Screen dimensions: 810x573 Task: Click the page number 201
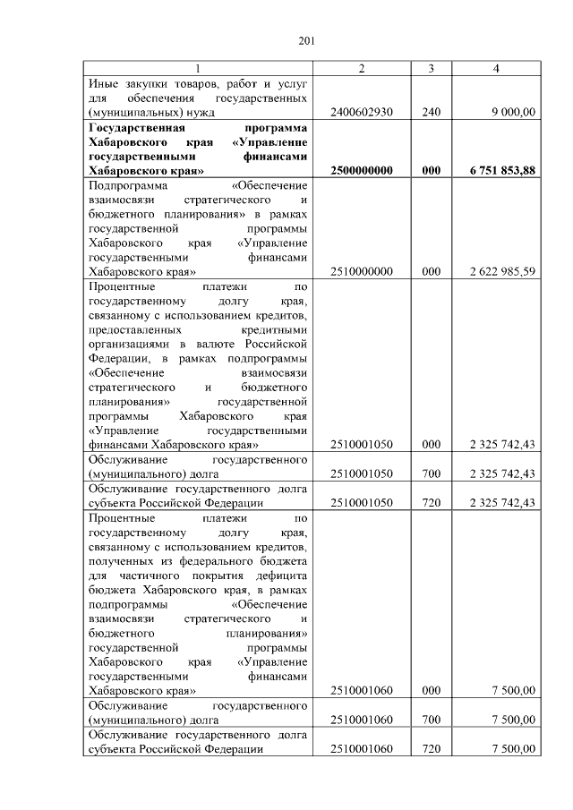pos(305,40)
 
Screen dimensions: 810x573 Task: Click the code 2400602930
pos(362,112)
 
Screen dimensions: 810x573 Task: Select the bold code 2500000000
pos(362,170)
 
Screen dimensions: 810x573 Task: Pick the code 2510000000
pos(362,271)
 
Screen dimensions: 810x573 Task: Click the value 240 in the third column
pos(431,112)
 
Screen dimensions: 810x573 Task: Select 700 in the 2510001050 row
pos(431,473)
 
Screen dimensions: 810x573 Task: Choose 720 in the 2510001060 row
pos(431,748)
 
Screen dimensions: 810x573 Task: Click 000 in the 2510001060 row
pos(431,690)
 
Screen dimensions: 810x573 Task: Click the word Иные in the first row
pos(103,83)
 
